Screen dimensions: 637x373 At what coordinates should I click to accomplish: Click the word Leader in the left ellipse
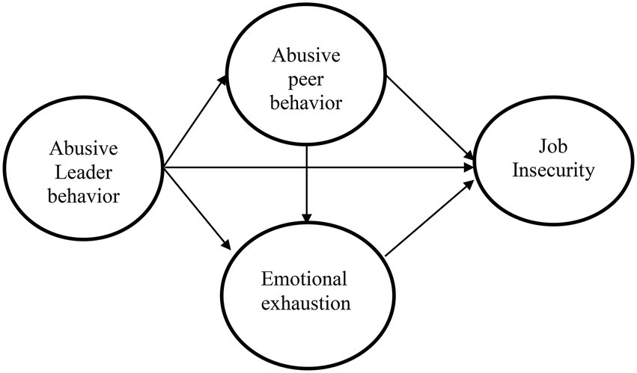[x=83, y=173]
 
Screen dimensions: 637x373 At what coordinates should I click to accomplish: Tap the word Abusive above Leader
[x=84, y=149]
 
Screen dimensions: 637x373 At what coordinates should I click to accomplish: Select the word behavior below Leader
[x=84, y=197]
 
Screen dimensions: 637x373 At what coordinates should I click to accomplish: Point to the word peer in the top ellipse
[x=306, y=80]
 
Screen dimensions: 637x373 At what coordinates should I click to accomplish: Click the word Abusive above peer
[x=306, y=55]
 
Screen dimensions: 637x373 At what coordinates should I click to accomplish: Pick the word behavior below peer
[x=306, y=102]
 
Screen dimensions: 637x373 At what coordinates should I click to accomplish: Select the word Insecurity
[x=553, y=170]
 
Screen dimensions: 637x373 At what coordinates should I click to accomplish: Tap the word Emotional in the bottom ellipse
[x=305, y=280]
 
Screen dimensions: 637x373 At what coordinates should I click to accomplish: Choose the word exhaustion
[x=305, y=303]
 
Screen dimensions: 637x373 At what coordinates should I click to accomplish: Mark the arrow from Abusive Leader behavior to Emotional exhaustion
[x=197, y=207]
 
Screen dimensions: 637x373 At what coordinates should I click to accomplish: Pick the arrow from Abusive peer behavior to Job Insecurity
[x=430, y=117]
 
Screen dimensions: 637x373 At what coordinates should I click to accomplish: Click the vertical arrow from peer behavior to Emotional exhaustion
[x=307, y=185]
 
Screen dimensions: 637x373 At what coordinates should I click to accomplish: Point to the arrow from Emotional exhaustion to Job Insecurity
[x=430, y=218]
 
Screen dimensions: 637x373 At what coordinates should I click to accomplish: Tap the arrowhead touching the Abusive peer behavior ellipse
[x=222, y=81]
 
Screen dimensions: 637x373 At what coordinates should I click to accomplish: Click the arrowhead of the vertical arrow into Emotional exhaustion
[x=307, y=218]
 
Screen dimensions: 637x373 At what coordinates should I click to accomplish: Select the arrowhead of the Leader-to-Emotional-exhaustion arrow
[x=227, y=244]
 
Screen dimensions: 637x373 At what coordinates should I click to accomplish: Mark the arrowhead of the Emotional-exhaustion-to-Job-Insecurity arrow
[x=469, y=185]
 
